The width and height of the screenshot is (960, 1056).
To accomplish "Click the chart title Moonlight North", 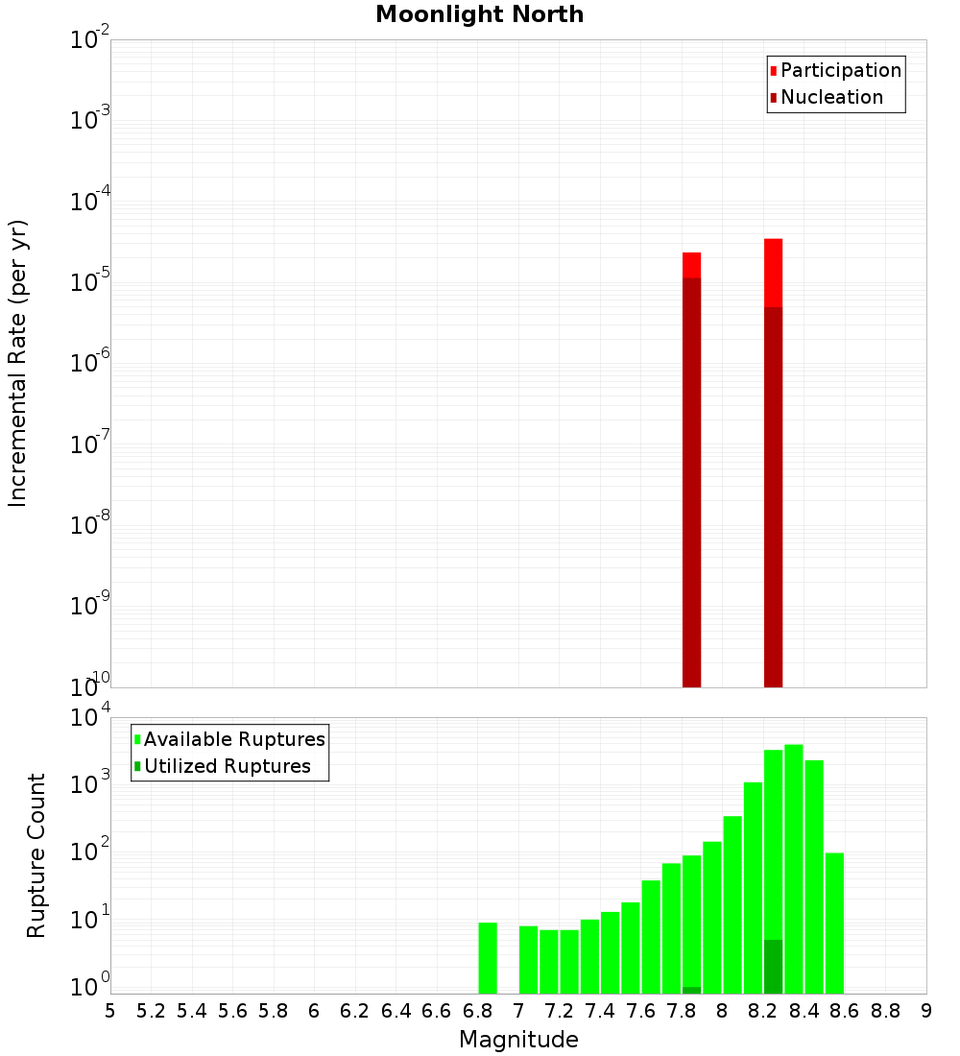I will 479,14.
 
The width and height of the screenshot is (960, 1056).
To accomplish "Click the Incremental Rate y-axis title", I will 18,364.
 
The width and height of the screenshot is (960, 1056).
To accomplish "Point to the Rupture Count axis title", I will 36,855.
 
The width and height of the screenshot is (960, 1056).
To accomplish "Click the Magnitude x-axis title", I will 518,1040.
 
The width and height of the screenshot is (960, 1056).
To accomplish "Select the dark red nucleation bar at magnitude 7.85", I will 691,480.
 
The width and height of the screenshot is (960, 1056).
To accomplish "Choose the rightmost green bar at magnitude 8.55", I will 834,923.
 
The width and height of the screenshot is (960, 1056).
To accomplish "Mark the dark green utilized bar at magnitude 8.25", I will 774,967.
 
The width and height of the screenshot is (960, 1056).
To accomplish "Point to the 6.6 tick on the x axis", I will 437,1011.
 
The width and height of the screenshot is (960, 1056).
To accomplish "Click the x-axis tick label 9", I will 926,1011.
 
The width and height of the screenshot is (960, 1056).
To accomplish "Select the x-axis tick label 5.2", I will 151,1011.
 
